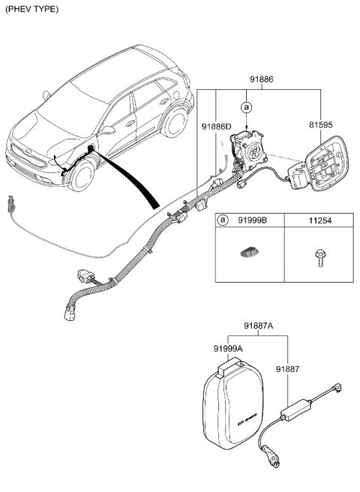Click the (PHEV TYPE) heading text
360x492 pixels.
click(31, 9)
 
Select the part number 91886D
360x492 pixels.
click(216, 128)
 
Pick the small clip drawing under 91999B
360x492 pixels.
click(248, 255)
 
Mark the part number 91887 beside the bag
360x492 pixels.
click(287, 368)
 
